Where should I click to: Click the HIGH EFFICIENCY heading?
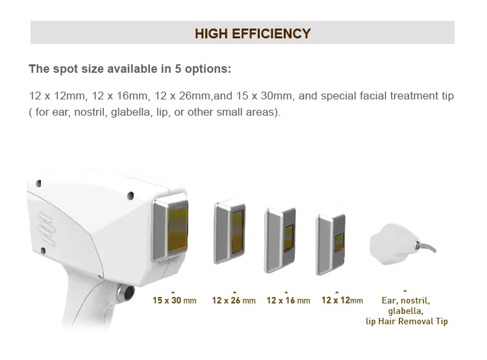tap(253, 34)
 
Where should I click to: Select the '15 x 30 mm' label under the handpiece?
tap(174, 300)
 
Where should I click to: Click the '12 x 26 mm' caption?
tap(234, 300)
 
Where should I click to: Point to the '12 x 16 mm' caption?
tap(288, 300)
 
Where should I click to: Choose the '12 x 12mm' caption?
tap(342, 300)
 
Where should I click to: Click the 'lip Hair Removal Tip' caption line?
tap(406, 321)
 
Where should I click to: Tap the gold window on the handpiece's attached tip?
tap(178, 228)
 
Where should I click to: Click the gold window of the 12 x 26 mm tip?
tap(238, 231)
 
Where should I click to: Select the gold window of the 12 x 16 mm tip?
tap(289, 238)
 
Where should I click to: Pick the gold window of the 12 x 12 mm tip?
tap(339, 243)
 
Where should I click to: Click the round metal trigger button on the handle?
tap(125, 292)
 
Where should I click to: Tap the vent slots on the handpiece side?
tap(46, 229)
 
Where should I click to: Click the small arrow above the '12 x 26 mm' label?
tap(234, 292)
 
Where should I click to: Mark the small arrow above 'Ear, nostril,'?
tap(405, 291)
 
